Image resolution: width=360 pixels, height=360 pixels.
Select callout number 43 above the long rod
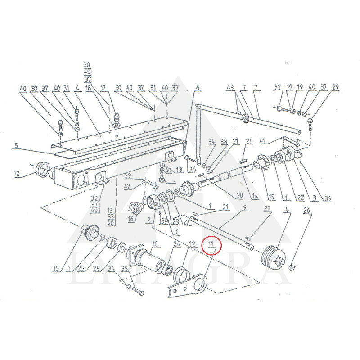click(230, 87)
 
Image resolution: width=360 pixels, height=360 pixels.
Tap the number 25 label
click(81, 269)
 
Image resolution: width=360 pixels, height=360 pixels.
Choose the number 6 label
click(197, 87)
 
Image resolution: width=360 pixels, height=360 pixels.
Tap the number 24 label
click(177, 244)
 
